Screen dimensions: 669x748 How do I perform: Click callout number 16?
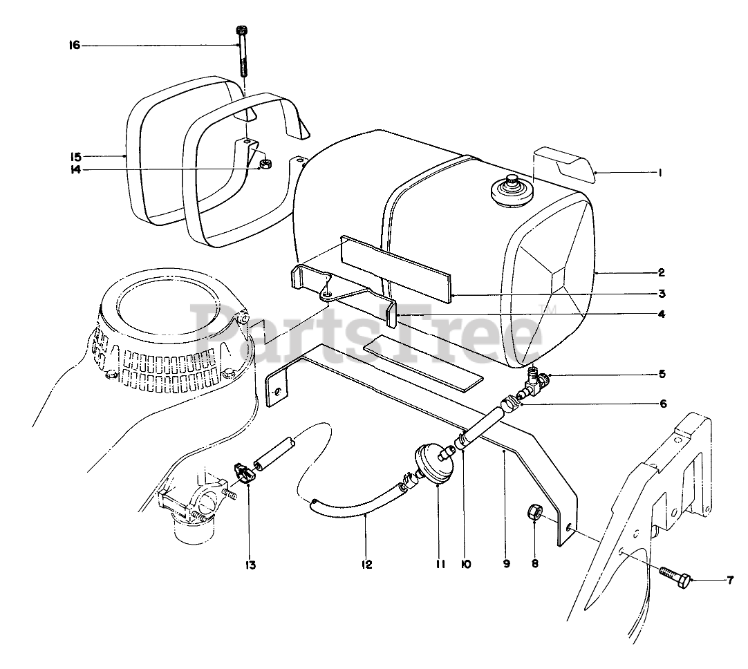point(74,46)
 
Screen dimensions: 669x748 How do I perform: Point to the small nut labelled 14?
point(263,164)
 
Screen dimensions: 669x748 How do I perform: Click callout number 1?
point(661,173)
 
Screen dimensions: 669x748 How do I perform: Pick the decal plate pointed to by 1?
point(563,160)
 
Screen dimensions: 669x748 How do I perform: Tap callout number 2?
point(662,272)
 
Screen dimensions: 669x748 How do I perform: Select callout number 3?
point(662,293)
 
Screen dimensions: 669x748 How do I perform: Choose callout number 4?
point(662,314)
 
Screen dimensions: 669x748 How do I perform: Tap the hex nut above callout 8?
point(535,513)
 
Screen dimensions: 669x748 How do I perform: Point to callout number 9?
point(506,565)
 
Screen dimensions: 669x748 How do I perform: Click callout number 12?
point(366,565)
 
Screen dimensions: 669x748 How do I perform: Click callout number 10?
point(465,565)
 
